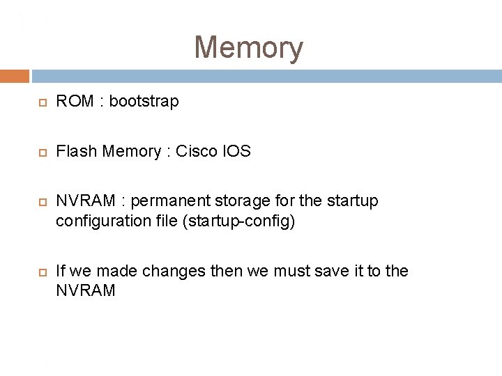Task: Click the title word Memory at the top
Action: click(x=248, y=48)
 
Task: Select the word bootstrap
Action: click(x=144, y=102)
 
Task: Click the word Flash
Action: click(x=75, y=151)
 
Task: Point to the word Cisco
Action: click(x=197, y=151)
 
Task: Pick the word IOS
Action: click(x=236, y=151)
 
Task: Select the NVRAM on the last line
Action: click(x=85, y=290)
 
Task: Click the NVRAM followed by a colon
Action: click(x=85, y=201)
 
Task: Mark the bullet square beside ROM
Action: click(x=42, y=102)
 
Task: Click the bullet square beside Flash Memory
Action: click(x=42, y=152)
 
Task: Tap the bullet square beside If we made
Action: click(x=42, y=272)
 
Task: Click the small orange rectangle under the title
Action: click(x=15, y=75)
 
